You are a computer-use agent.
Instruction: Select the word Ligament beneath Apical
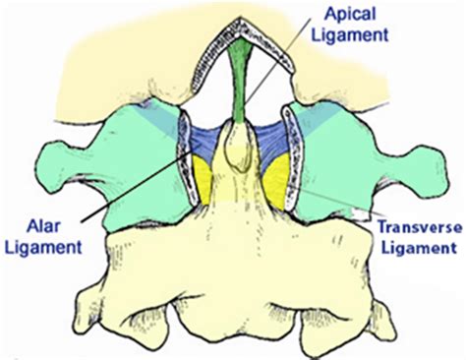click(x=353, y=36)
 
